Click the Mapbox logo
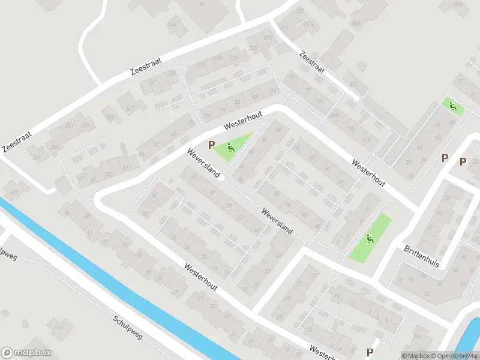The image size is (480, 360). tap(26, 353)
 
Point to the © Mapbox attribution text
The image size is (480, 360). tap(417, 356)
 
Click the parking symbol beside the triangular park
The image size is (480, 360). tap(211, 145)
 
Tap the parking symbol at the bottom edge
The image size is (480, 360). tap(370, 352)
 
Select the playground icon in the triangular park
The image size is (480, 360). tap(231, 147)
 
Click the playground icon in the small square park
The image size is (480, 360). tap(454, 107)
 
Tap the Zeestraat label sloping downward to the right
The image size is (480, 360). tap(313, 62)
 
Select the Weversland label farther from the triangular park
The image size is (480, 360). tap(277, 220)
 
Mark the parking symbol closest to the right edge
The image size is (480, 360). tap(463, 161)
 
